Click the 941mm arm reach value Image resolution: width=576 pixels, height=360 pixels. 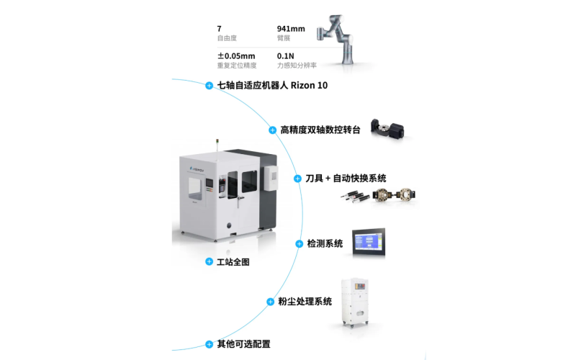click(x=291, y=29)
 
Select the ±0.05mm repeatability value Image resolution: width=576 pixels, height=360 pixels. click(x=236, y=55)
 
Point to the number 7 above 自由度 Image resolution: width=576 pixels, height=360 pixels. click(x=219, y=29)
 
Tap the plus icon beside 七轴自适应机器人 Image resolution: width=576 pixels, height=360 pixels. click(x=209, y=86)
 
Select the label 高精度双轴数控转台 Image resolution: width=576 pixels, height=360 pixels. click(x=320, y=130)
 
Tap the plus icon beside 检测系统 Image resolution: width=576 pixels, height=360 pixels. click(x=299, y=244)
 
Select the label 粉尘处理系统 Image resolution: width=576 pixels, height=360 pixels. click(x=305, y=302)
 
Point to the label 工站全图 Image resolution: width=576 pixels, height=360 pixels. click(x=233, y=262)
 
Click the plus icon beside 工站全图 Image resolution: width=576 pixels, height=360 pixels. click(x=209, y=262)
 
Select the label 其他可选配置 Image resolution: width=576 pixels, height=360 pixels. click(x=243, y=344)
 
